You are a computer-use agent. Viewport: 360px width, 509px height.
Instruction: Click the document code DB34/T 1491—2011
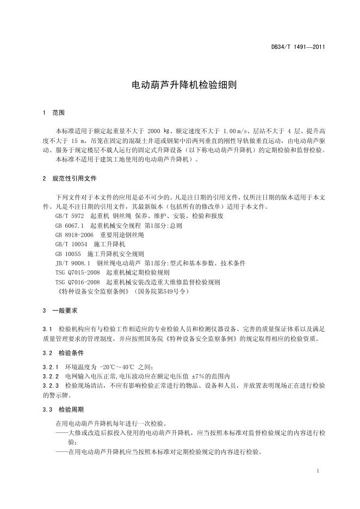coord(298,47)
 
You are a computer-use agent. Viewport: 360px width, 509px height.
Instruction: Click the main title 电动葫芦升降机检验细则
coord(179,85)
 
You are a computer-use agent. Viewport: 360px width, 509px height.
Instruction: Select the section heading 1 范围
coord(53,113)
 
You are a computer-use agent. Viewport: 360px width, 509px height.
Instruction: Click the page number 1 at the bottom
coord(317,470)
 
